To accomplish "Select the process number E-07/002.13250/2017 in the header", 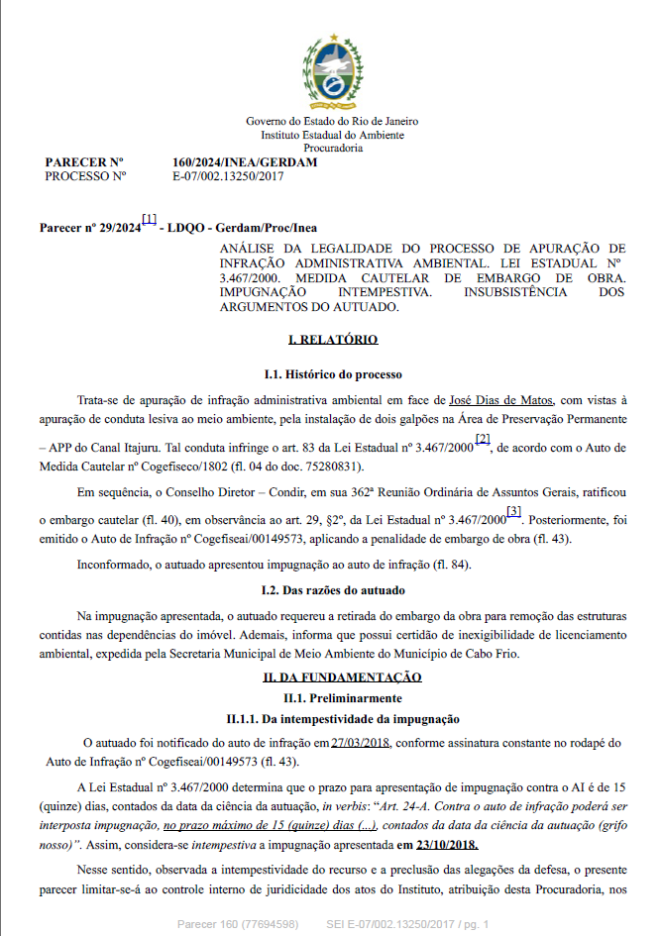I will [229, 176].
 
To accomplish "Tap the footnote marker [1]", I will [149, 219].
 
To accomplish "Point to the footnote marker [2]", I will [483, 439].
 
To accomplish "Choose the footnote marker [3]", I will [513, 511].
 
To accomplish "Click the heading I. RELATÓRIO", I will [332, 339].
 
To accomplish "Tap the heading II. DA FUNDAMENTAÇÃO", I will [342, 677].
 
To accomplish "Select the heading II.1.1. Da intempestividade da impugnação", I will [332, 717].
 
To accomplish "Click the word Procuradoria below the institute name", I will [332, 147].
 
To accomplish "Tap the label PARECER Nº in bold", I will [84, 162].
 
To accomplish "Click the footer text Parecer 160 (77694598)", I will [238, 923].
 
